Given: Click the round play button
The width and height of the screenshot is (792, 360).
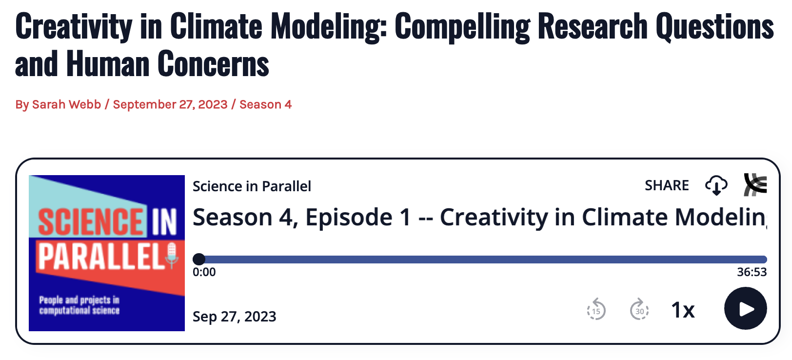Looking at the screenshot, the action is click(745, 308).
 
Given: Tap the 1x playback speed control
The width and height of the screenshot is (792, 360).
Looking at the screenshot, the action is click(683, 310).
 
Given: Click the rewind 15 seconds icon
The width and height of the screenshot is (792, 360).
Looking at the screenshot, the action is click(596, 309).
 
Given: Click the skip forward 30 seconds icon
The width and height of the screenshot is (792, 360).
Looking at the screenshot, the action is click(639, 309).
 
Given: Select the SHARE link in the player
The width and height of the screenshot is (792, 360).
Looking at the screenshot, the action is click(667, 185).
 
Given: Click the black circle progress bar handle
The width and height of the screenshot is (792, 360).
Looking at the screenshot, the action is click(198, 259).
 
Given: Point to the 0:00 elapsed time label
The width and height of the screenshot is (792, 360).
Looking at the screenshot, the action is click(204, 272).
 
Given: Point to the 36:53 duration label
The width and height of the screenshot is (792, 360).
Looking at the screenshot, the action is click(752, 272).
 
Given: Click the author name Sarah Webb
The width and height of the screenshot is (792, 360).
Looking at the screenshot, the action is click(66, 104).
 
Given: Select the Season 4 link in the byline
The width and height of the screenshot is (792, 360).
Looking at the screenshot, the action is click(265, 104).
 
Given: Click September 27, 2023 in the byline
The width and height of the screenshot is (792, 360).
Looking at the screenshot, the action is click(170, 105).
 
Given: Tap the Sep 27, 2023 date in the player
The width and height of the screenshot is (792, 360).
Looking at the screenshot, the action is click(234, 317).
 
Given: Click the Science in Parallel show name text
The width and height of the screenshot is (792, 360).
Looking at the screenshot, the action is click(252, 186).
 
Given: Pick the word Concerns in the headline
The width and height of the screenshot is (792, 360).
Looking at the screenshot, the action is click(213, 64).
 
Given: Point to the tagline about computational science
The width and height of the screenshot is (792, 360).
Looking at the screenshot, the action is click(79, 305).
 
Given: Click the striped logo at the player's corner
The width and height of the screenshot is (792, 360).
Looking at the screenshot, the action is click(755, 184).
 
